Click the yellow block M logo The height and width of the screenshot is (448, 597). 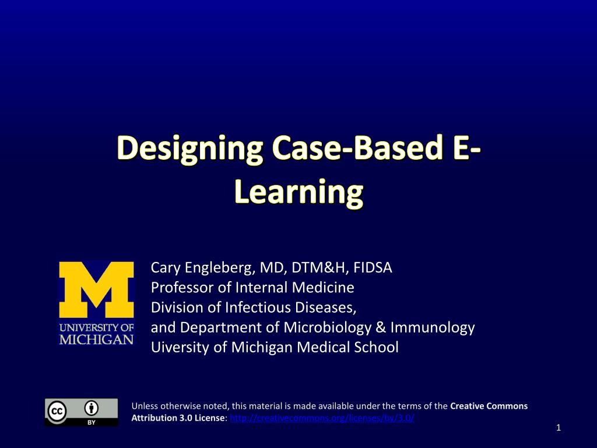click(96, 290)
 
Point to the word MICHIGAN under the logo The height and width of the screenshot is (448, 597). click(96, 339)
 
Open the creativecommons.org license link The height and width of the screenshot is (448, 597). click(322, 418)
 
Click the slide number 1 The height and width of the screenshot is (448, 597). click(558, 429)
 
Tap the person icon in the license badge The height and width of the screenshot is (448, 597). click(92, 408)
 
